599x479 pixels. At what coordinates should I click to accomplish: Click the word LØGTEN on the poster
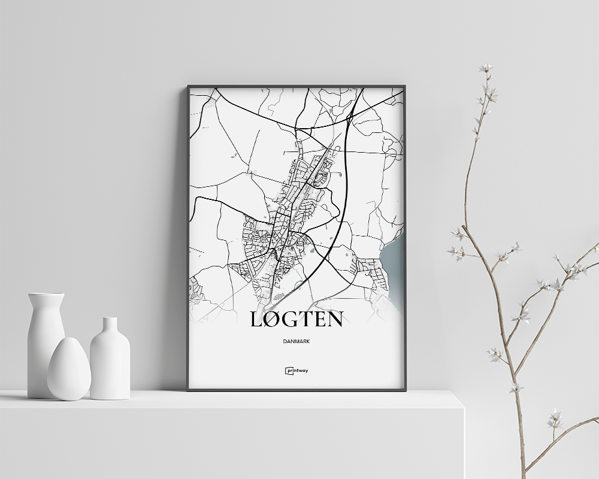point(296,319)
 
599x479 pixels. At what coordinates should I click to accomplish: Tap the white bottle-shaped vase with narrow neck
point(110,362)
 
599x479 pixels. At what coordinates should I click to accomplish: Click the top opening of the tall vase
point(46,295)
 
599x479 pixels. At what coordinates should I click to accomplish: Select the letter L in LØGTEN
point(256,319)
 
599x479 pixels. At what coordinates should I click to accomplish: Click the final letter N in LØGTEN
point(334,319)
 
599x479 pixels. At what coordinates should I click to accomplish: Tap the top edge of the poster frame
point(296,86)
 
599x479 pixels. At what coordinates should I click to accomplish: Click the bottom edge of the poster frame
point(296,390)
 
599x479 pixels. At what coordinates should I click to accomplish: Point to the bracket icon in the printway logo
point(288,370)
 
